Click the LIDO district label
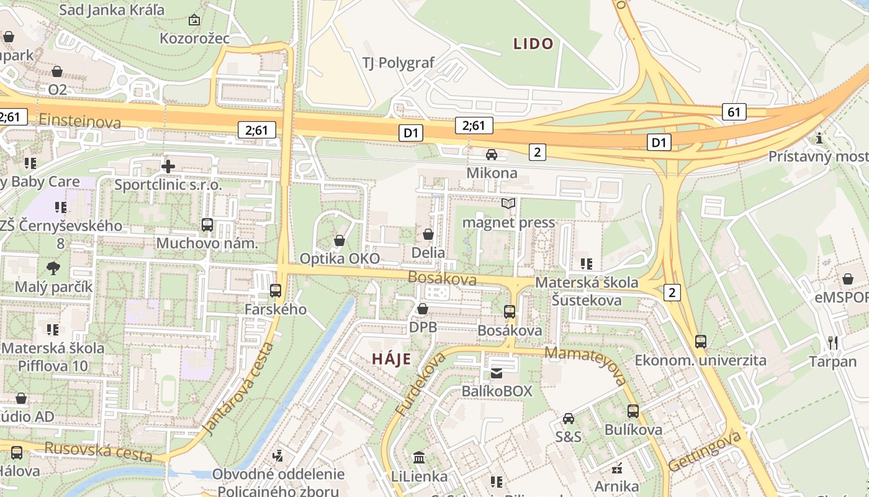533,43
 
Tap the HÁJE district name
392,358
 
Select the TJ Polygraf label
398,63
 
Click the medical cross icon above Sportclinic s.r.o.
168,166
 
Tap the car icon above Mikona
491,154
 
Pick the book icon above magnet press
508,204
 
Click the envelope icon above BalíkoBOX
497,373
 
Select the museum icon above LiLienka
419,458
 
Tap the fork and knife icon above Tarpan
832,342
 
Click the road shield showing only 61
734,112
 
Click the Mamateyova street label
585,365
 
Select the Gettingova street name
705,452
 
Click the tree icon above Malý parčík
53,268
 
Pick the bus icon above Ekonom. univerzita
700,341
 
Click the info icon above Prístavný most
819,138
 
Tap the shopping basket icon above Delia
428,234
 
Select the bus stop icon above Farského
276,290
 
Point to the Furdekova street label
420,385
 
